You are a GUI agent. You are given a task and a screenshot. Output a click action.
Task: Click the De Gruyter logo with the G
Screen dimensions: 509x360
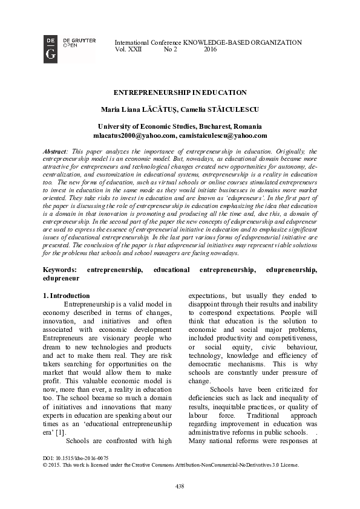coord(51,49)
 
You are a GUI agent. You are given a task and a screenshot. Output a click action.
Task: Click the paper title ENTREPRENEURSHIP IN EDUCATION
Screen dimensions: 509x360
coord(180,92)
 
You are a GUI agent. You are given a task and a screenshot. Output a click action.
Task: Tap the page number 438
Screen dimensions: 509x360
coord(180,486)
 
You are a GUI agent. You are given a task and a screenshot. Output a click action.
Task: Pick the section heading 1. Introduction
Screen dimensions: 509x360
coord(67,296)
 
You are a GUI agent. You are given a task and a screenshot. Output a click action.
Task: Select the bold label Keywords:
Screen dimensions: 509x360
coord(60,269)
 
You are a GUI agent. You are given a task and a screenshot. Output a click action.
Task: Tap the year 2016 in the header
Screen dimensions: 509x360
coord(211,50)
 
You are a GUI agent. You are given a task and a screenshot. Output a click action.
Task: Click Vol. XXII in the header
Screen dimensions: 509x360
coord(128,50)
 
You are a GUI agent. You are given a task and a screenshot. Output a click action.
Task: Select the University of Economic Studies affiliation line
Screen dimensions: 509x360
coord(180,126)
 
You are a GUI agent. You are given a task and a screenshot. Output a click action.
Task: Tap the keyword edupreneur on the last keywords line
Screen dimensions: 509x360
coord(61,279)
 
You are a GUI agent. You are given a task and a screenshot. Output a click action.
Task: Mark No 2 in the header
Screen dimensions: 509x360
coord(171,50)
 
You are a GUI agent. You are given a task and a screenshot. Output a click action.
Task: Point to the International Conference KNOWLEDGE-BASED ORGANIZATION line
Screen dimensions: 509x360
coord(208,42)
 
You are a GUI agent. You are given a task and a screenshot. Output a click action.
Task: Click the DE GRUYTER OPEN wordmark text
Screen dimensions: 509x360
coord(79,42)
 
